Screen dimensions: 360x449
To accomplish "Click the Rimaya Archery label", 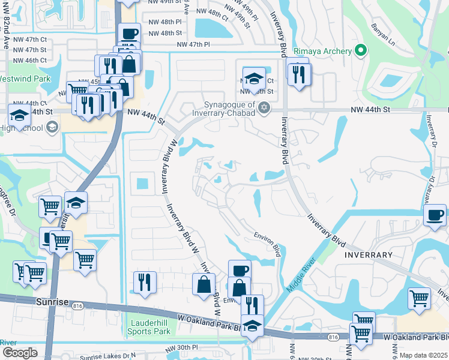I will point(322,52).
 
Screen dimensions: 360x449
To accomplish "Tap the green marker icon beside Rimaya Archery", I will point(360,51).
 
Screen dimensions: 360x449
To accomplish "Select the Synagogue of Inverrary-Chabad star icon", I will point(264,107).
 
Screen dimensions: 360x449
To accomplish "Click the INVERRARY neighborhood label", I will point(368,255).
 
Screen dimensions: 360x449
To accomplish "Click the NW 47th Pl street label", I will point(193,44).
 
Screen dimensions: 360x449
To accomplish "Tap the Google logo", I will point(19,353).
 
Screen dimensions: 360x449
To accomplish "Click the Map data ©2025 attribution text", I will point(423,355).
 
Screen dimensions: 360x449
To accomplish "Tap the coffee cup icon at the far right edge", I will point(435,215).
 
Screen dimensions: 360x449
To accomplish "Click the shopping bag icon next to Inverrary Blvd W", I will point(203,284).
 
